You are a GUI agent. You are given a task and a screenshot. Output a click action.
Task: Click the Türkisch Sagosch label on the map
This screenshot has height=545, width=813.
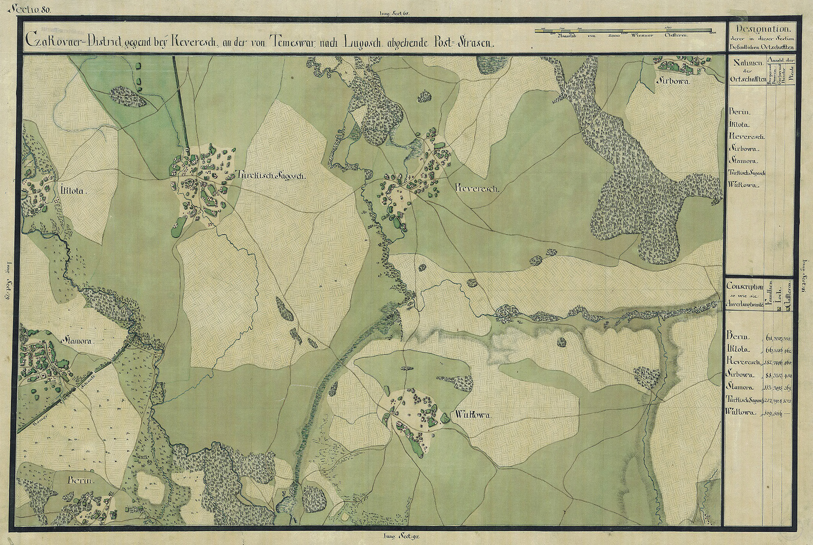click(x=270, y=175)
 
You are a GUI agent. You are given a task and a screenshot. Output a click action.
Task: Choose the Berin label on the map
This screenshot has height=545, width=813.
click(x=80, y=481)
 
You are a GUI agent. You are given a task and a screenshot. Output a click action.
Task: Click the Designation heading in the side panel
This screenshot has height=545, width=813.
click(x=762, y=29)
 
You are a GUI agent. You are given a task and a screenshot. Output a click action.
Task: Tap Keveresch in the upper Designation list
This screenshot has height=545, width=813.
click(x=745, y=136)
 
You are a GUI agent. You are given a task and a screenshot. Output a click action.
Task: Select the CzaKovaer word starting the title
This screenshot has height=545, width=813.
click(x=48, y=42)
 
